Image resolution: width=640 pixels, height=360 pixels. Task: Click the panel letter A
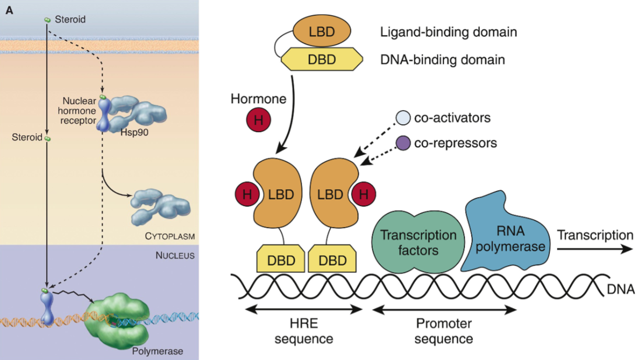pyautogui.click(x=9, y=10)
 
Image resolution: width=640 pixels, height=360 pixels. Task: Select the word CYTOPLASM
pyautogui.click(x=170, y=236)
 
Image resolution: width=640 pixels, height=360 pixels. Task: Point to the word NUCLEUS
pyautogui.click(x=175, y=256)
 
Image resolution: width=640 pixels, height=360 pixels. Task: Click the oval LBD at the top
pyautogui.click(x=321, y=31)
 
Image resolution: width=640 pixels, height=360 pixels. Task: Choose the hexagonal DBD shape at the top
pyautogui.click(x=322, y=59)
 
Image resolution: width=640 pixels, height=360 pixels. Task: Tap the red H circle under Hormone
pyautogui.click(x=258, y=121)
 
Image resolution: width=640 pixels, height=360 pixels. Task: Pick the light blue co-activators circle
pyautogui.click(x=403, y=118)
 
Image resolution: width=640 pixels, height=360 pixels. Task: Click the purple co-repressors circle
pyautogui.click(x=403, y=143)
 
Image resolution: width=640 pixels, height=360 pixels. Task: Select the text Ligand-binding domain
pyautogui.click(x=448, y=32)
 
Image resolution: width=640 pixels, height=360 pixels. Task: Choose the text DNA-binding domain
pyautogui.click(x=443, y=60)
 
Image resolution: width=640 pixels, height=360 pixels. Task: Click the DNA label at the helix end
pyautogui.click(x=624, y=289)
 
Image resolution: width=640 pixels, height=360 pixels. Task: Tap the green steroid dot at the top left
pyautogui.click(x=48, y=20)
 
